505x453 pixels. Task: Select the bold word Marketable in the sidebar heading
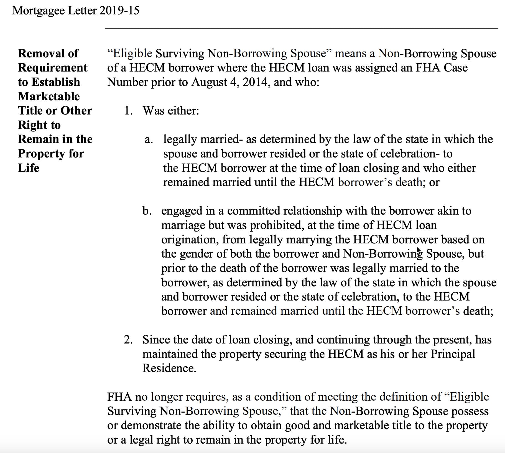(x=49, y=96)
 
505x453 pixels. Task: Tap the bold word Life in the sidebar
(x=28, y=168)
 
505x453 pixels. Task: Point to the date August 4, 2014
(x=231, y=82)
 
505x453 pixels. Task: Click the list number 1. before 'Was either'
(x=129, y=111)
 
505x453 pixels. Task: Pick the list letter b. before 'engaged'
(x=147, y=211)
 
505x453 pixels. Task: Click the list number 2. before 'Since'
(x=128, y=340)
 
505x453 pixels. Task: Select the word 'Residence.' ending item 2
(x=169, y=368)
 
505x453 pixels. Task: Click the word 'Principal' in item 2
(x=453, y=354)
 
